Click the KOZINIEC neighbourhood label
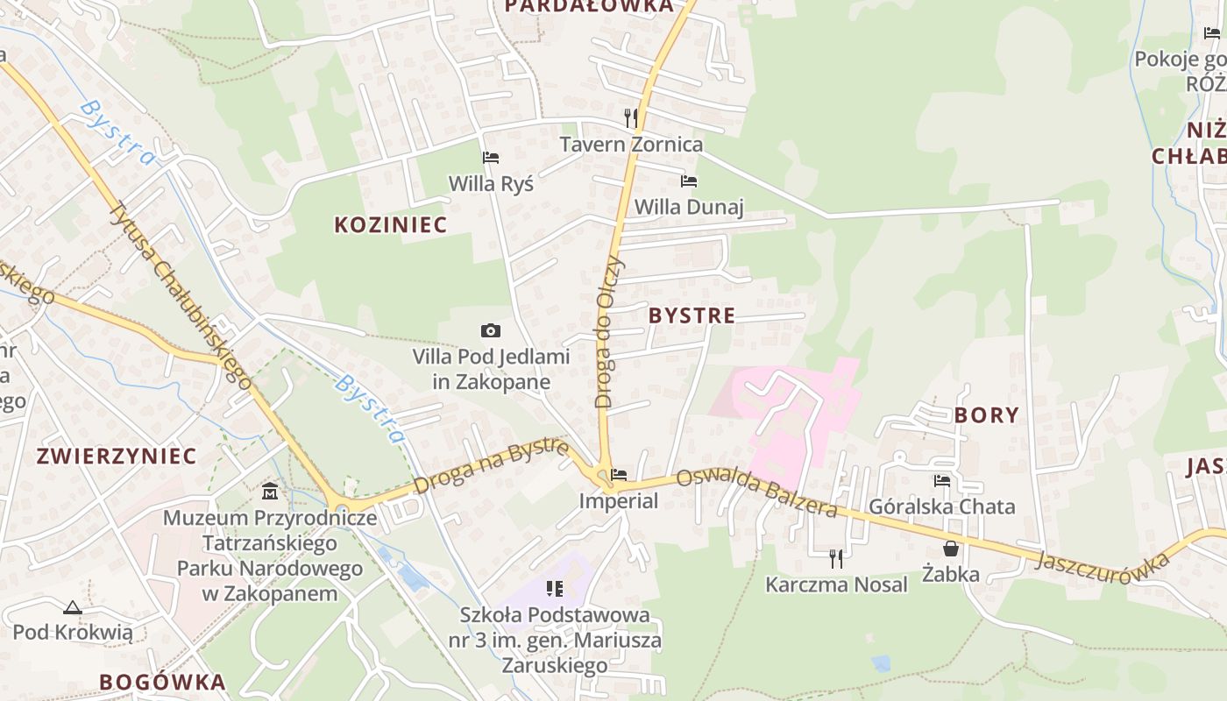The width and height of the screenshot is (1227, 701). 390,224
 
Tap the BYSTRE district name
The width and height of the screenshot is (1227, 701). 692,315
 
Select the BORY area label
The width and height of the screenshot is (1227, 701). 986,415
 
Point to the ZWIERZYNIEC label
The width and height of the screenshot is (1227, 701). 117,457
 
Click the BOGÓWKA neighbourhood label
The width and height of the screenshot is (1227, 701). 162,682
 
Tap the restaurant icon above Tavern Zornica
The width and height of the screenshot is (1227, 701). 631,118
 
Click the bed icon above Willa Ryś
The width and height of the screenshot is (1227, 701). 491,158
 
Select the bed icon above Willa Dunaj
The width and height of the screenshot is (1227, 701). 689,181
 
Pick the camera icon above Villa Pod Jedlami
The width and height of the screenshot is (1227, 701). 491,330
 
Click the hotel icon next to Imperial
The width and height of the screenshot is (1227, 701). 619,475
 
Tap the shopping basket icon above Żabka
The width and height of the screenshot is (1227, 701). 950,549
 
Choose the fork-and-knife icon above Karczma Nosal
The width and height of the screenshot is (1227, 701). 836,558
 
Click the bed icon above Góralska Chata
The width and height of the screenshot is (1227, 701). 942,480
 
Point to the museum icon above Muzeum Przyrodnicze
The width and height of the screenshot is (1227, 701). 270,491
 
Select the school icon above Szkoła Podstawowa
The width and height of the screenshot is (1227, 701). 554,588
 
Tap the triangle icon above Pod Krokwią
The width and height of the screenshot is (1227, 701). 72,606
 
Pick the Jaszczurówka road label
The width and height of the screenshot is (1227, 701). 1103,561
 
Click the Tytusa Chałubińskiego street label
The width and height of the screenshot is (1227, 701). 180,294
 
